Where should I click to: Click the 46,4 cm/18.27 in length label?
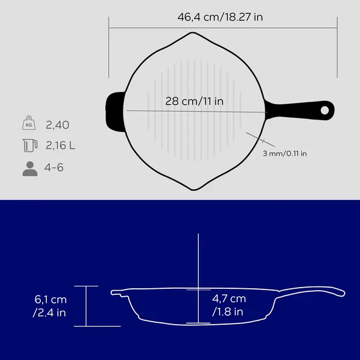point(220,17)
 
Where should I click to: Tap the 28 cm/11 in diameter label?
point(194,101)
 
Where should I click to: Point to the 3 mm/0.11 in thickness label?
point(285,153)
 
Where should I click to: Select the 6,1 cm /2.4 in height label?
point(50,306)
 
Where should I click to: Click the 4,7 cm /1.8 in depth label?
point(229,305)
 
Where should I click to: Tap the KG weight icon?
point(29,123)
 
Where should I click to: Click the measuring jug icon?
point(30,145)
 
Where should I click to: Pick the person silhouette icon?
point(30,169)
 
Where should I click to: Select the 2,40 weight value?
point(57,125)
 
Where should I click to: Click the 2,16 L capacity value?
point(60,145)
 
